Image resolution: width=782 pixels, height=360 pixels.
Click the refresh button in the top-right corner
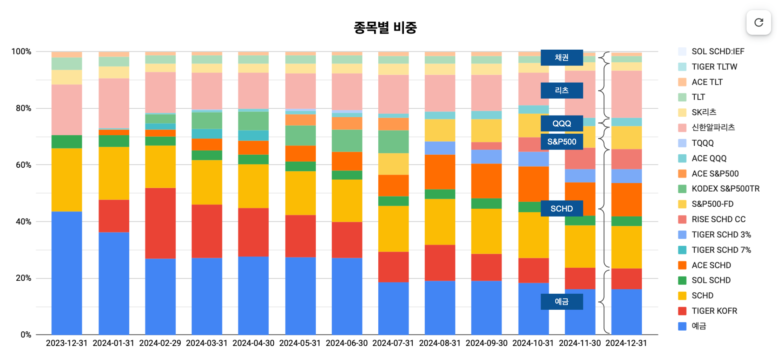tap(758, 22)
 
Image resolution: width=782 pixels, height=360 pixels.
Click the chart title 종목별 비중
tap(385, 28)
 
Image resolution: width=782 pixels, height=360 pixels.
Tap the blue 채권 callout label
tap(562, 58)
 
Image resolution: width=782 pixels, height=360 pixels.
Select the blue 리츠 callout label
tap(562, 91)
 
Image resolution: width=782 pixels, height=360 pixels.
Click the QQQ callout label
tap(562, 124)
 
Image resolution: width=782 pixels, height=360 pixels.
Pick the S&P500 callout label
tap(562, 142)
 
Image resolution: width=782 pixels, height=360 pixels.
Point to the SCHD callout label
tap(562, 209)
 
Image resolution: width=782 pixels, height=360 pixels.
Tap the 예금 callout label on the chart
tap(562, 302)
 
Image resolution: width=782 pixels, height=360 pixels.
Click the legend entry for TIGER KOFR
tap(714, 311)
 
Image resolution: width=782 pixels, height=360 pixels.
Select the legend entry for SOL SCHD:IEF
tap(718, 51)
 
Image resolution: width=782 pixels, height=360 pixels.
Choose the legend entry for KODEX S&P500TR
tap(725, 189)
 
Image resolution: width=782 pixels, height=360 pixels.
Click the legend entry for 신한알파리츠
tap(713, 127)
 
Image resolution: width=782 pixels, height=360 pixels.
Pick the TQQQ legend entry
tap(702, 143)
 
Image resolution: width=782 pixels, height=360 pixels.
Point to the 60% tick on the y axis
tap(24, 165)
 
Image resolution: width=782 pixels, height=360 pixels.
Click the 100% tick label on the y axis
tap(21, 51)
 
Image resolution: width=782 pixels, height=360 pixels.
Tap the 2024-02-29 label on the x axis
tap(160, 343)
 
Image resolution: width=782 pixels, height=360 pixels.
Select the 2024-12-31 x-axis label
tap(626, 343)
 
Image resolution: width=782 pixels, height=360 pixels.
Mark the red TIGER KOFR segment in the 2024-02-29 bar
tap(160, 223)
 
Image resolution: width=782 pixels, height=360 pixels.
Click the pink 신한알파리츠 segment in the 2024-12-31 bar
tap(626, 94)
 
